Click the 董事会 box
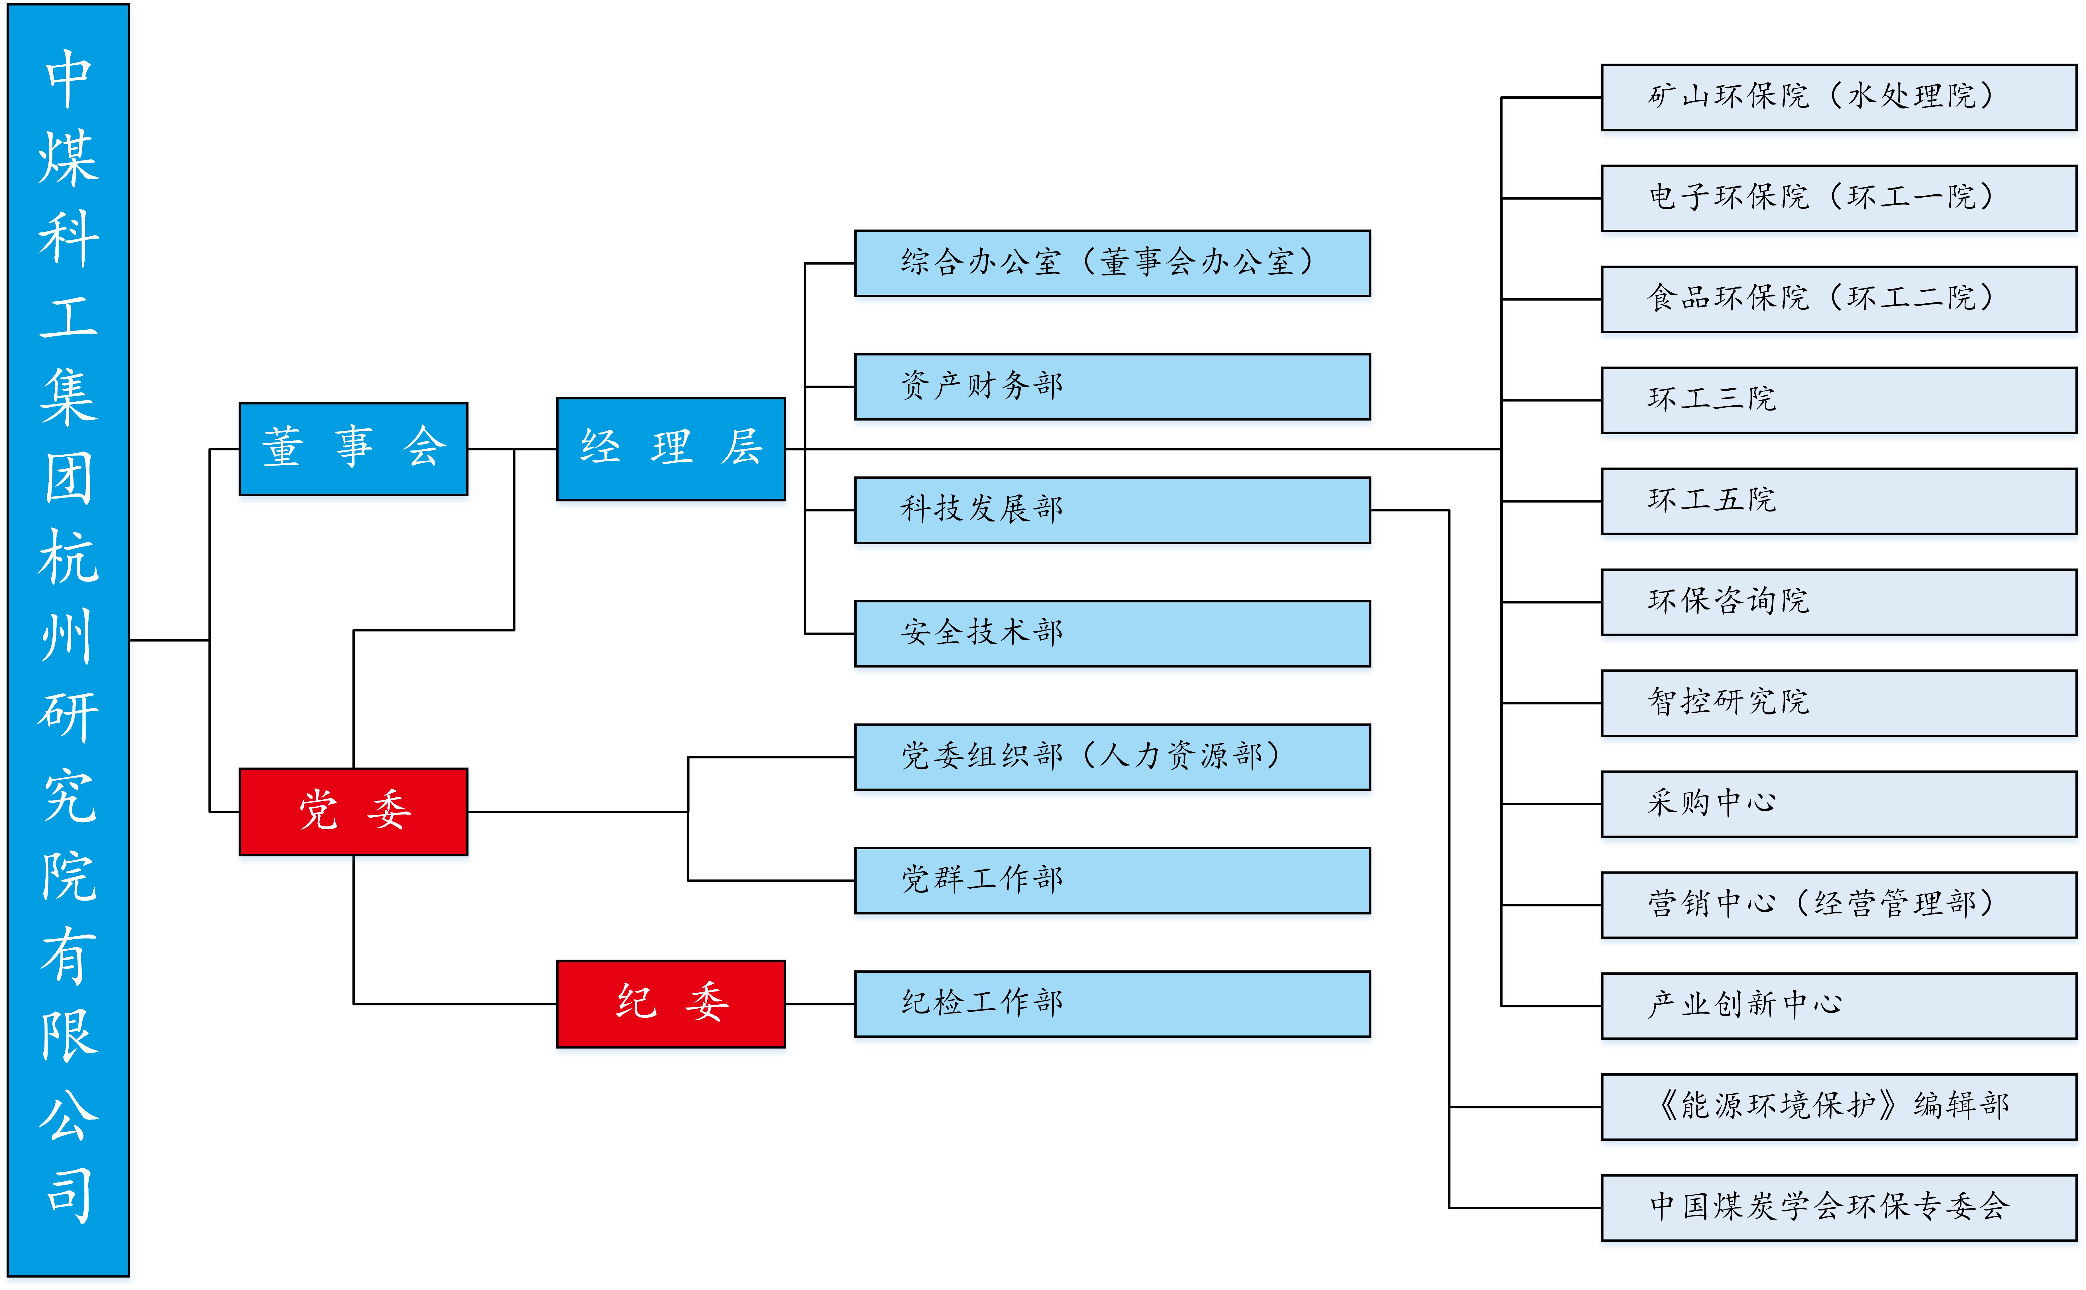coord(353,449)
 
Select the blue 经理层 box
coord(670,449)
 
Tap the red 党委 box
coord(353,811)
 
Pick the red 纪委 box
coord(670,1003)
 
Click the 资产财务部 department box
coord(1112,387)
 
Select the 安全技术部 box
coord(1112,633)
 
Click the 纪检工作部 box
coord(1112,1003)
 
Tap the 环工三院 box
coord(1839,400)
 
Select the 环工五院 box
coord(1839,501)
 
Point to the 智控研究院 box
coord(1839,703)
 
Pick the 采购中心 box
coord(1839,804)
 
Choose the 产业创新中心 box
coord(1839,1006)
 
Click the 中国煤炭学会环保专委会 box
coord(1839,1207)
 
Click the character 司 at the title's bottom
coord(68,1194)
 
